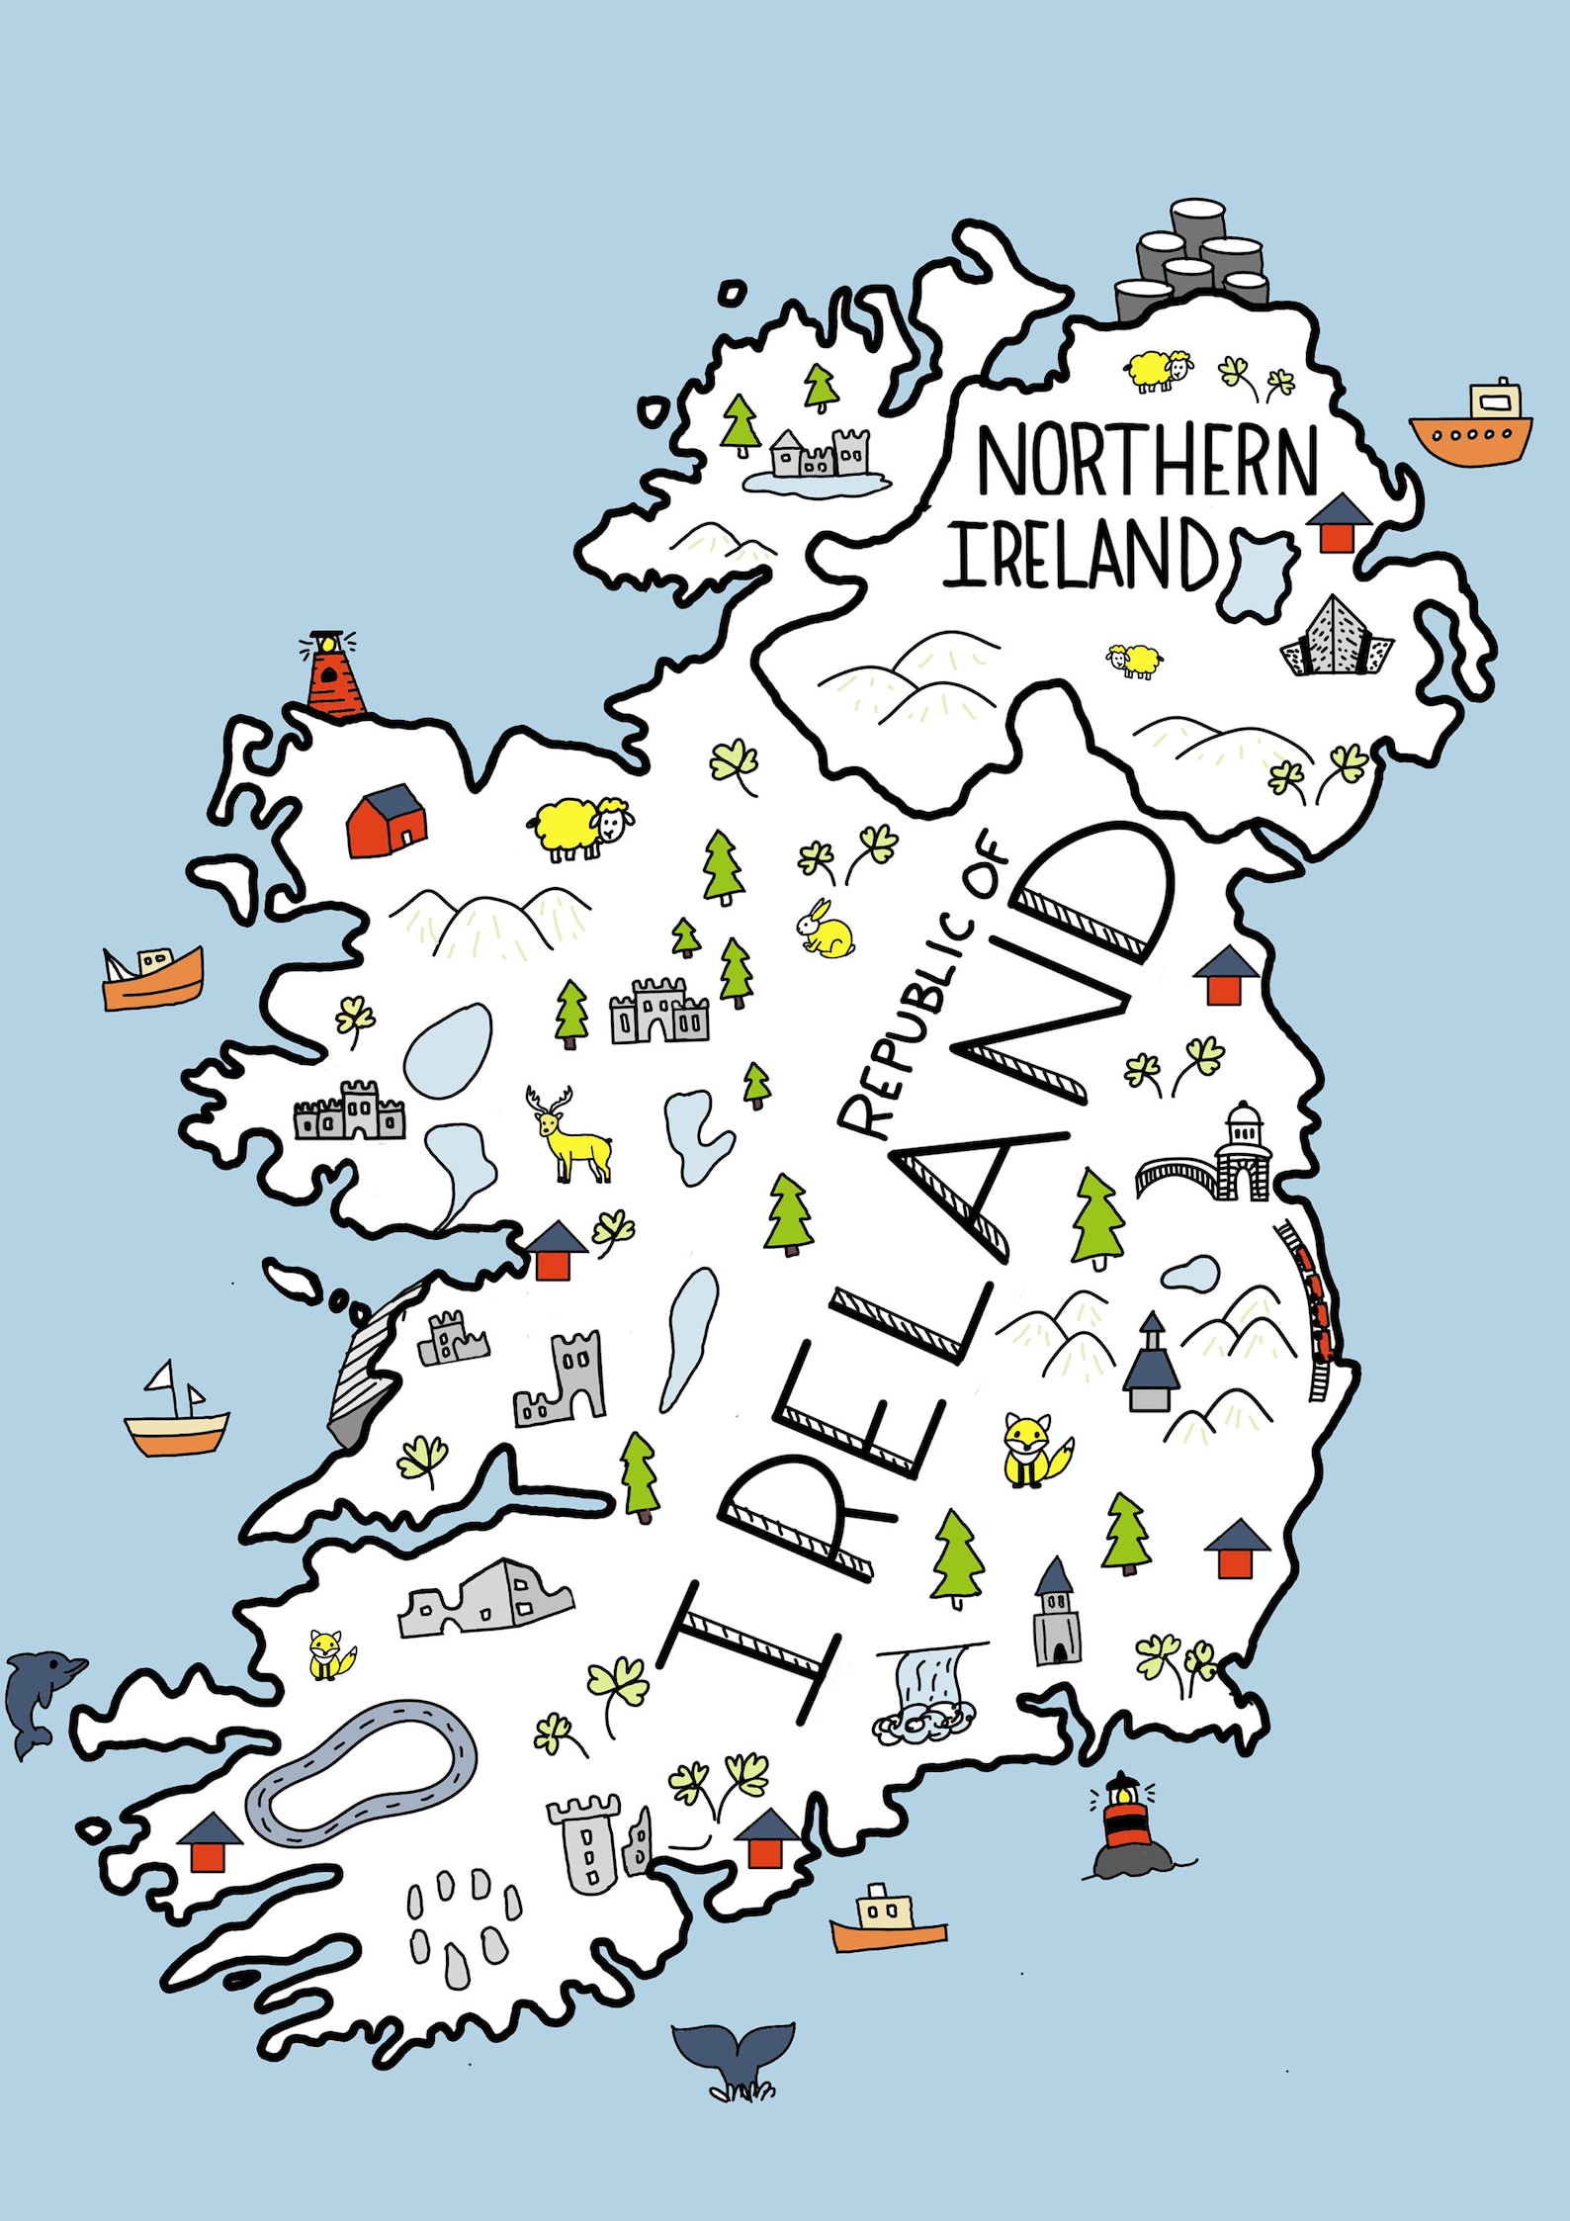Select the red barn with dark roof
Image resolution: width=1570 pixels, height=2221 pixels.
387,821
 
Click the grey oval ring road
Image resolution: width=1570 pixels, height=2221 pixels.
362,1771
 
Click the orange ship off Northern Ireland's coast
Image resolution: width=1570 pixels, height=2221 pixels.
1471,426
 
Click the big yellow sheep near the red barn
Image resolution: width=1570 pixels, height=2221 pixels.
581,827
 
